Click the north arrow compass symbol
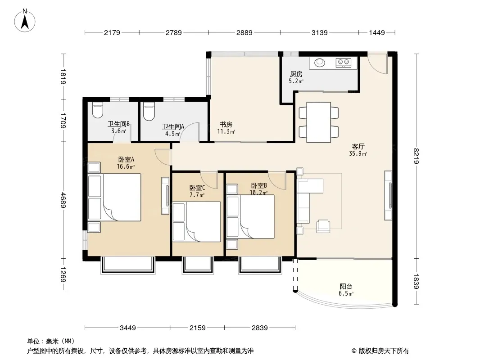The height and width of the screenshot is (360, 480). [x=25, y=21]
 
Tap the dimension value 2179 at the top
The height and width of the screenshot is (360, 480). [x=112, y=32]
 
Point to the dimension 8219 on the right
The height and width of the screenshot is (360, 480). [x=416, y=156]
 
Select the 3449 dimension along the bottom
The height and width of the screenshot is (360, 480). [x=127, y=328]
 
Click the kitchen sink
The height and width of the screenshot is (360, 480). [x=320, y=63]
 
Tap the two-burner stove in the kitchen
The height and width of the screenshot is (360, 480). [x=343, y=63]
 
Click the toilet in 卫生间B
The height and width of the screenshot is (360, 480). [x=98, y=110]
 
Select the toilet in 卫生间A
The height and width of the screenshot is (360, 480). [x=149, y=111]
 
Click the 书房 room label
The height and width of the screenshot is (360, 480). [x=226, y=125]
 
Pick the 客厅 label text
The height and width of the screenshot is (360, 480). [x=358, y=146]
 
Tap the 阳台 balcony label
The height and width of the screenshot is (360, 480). [x=346, y=287]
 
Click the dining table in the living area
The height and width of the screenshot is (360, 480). [x=319, y=122]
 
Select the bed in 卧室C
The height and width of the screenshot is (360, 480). [x=196, y=222]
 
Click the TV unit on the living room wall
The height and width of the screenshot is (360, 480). [x=388, y=195]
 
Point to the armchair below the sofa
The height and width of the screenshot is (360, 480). [x=323, y=226]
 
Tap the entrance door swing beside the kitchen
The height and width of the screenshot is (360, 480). [x=377, y=63]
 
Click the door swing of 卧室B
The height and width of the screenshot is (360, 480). [x=277, y=181]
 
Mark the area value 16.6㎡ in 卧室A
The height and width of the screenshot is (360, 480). [x=126, y=166]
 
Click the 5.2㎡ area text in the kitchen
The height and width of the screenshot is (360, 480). [x=296, y=81]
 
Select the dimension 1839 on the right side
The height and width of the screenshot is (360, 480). [x=416, y=281]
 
